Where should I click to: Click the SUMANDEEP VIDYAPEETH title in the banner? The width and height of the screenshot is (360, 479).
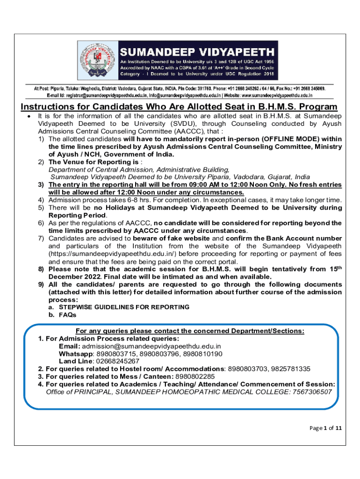coord(197,51)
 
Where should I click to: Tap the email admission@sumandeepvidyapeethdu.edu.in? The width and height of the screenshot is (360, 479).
coord(151,346)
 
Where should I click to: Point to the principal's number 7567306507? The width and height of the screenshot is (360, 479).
coord(312,392)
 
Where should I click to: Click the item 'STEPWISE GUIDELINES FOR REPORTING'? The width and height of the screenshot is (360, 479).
coord(123,307)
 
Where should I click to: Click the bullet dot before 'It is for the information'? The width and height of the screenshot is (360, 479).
coord(29,116)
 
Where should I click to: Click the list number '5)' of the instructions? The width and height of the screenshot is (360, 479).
coord(41,207)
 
